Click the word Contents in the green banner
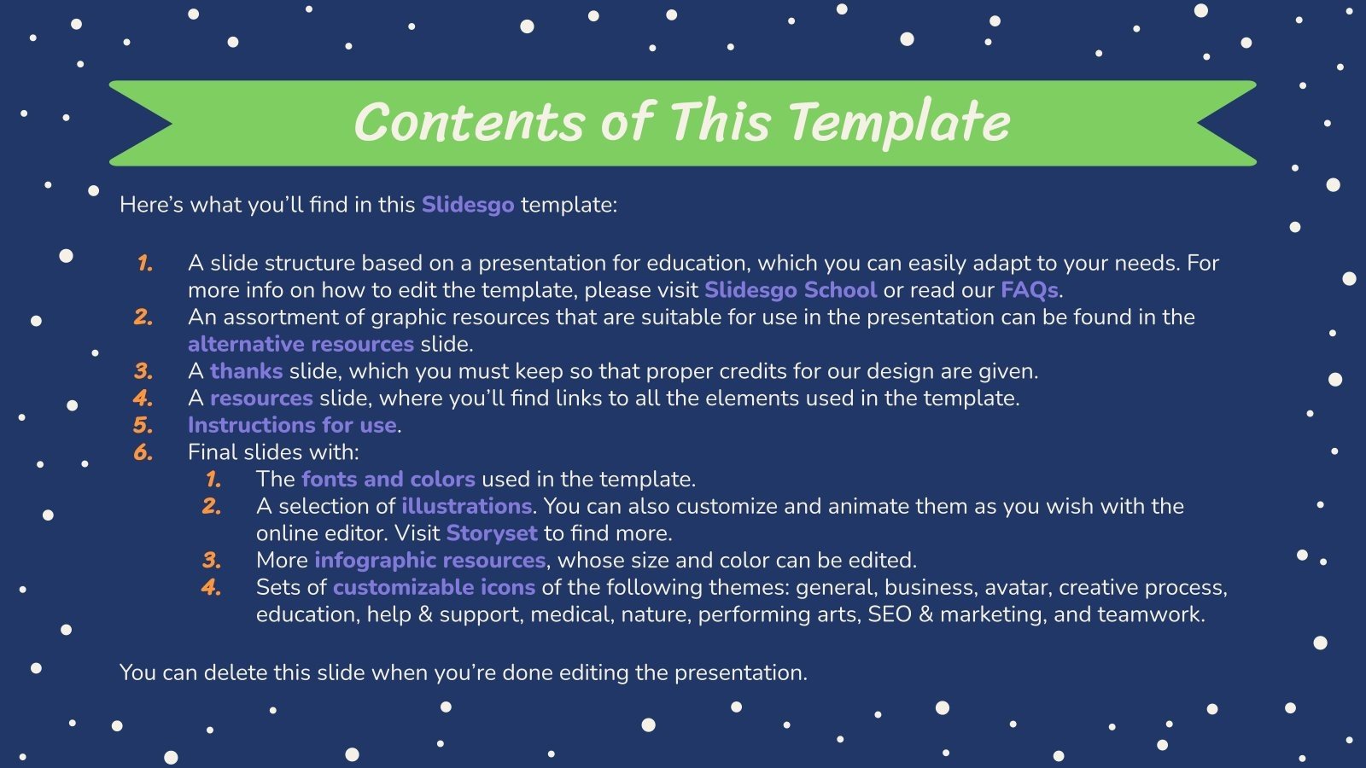pyautogui.click(x=468, y=122)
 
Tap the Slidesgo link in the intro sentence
pyautogui.click(x=468, y=205)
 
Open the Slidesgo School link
pyautogui.click(x=790, y=290)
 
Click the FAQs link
pyautogui.click(x=1029, y=290)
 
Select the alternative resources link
pyautogui.click(x=301, y=344)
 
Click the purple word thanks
pyautogui.click(x=246, y=371)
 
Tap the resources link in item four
pyautogui.click(x=261, y=399)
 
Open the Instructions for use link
pyautogui.click(x=292, y=425)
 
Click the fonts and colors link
pyautogui.click(x=388, y=480)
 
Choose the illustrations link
pyautogui.click(x=466, y=506)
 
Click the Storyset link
pyautogui.click(x=492, y=533)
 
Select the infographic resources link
pyautogui.click(x=429, y=561)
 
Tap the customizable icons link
pyautogui.click(x=434, y=588)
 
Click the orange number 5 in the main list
pyautogui.click(x=143, y=425)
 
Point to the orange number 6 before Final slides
pyautogui.click(x=143, y=452)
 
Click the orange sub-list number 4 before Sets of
pyautogui.click(x=211, y=588)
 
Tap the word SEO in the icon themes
pyautogui.click(x=889, y=614)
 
